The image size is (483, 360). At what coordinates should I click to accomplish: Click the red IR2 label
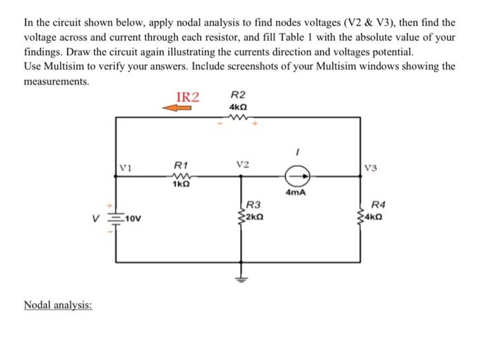188,97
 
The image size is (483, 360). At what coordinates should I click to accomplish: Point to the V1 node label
125,166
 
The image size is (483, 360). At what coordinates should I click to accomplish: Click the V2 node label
241,165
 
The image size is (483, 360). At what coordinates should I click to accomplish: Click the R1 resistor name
181,166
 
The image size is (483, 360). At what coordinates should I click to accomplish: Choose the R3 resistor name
254,205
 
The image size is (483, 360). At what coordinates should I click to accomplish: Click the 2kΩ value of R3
255,216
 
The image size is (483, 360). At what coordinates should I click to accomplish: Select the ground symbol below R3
241,279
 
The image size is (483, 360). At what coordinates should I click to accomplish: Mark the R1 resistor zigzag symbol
181,176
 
